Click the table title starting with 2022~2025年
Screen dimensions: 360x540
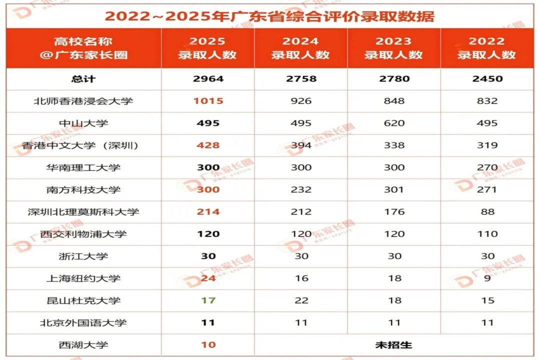[x=269, y=15]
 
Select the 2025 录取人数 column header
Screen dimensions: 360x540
[x=207, y=48]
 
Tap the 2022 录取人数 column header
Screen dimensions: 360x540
[x=486, y=48]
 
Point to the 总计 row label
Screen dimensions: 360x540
[x=83, y=79]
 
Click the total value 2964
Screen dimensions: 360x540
[x=208, y=79]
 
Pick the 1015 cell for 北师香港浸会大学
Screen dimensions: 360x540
[x=208, y=101]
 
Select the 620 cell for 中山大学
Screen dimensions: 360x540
[x=394, y=123]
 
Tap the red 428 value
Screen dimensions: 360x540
[x=208, y=145]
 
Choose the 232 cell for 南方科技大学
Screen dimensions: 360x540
[x=301, y=189]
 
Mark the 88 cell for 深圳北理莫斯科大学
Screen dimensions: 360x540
[x=487, y=211]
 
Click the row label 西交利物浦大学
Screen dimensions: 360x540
[x=83, y=234]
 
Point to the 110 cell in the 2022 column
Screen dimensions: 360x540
[x=487, y=234]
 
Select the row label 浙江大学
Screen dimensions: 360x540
[x=83, y=256]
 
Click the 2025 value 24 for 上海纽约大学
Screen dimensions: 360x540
[x=208, y=278]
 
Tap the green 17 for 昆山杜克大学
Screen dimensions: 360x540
[x=208, y=300]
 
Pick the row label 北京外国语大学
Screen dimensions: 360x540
[x=83, y=322]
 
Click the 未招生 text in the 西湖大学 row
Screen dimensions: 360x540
[x=393, y=345]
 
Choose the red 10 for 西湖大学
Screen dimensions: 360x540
[x=208, y=345]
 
